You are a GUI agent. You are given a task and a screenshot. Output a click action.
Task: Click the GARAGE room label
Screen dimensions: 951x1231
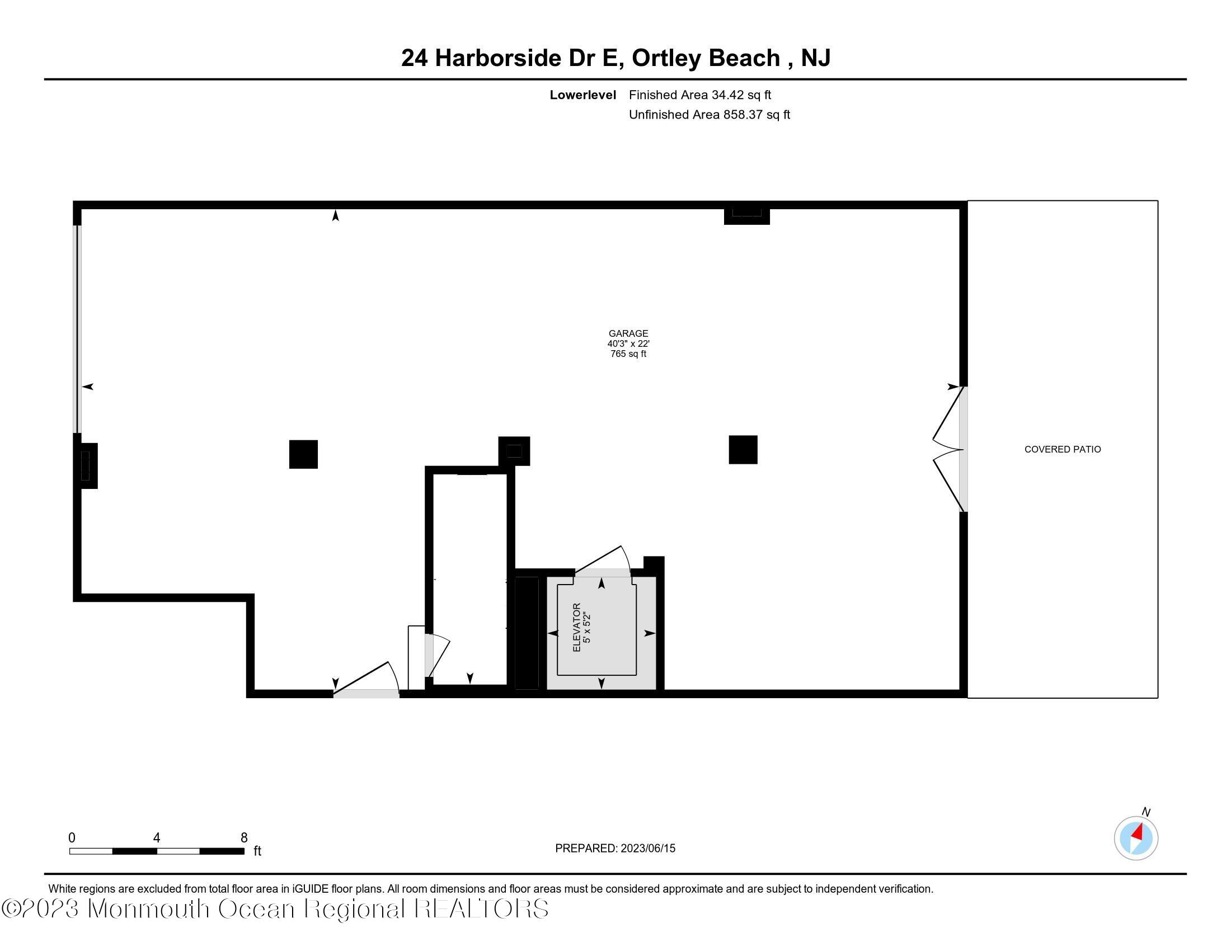[x=628, y=333]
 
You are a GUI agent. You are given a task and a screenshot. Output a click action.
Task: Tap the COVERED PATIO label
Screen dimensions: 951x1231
[x=1062, y=449]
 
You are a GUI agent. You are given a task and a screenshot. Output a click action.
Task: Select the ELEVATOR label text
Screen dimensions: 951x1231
[x=576, y=628]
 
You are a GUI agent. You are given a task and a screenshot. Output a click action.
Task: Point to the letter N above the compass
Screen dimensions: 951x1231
[x=1146, y=812]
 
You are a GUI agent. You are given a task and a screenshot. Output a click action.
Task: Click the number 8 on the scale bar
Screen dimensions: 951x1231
[x=244, y=838]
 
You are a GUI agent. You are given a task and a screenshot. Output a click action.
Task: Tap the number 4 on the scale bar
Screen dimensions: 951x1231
[x=157, y=838]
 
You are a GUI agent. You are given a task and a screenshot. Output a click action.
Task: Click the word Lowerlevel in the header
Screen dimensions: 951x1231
[x=582, y=95]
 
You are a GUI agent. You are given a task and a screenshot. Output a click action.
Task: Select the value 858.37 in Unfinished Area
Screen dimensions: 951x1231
[x=743, y=114]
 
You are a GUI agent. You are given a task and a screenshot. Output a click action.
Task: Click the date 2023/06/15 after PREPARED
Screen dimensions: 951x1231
[x=647, y=849]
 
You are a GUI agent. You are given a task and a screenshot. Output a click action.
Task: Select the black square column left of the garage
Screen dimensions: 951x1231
[x=303, y=454]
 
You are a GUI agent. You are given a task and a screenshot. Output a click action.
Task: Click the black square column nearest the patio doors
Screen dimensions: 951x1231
[x=743, y=450]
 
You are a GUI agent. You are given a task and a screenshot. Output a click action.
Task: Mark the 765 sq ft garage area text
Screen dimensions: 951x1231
[x=628, y=354]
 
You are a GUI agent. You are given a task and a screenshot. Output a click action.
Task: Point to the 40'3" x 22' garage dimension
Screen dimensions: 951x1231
[x=628, y=343]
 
